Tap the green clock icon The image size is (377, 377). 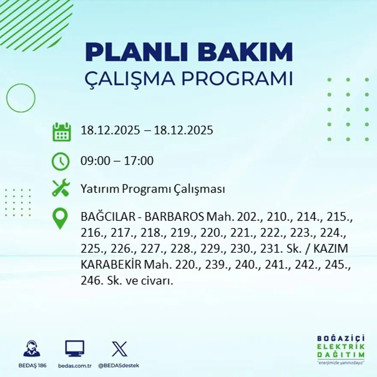60,162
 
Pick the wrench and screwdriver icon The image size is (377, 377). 61,188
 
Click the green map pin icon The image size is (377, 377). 60,218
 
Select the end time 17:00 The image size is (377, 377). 139,162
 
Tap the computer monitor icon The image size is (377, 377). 75,348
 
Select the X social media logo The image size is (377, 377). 119,348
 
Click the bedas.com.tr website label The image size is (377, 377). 75,365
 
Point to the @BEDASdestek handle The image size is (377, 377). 119,365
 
